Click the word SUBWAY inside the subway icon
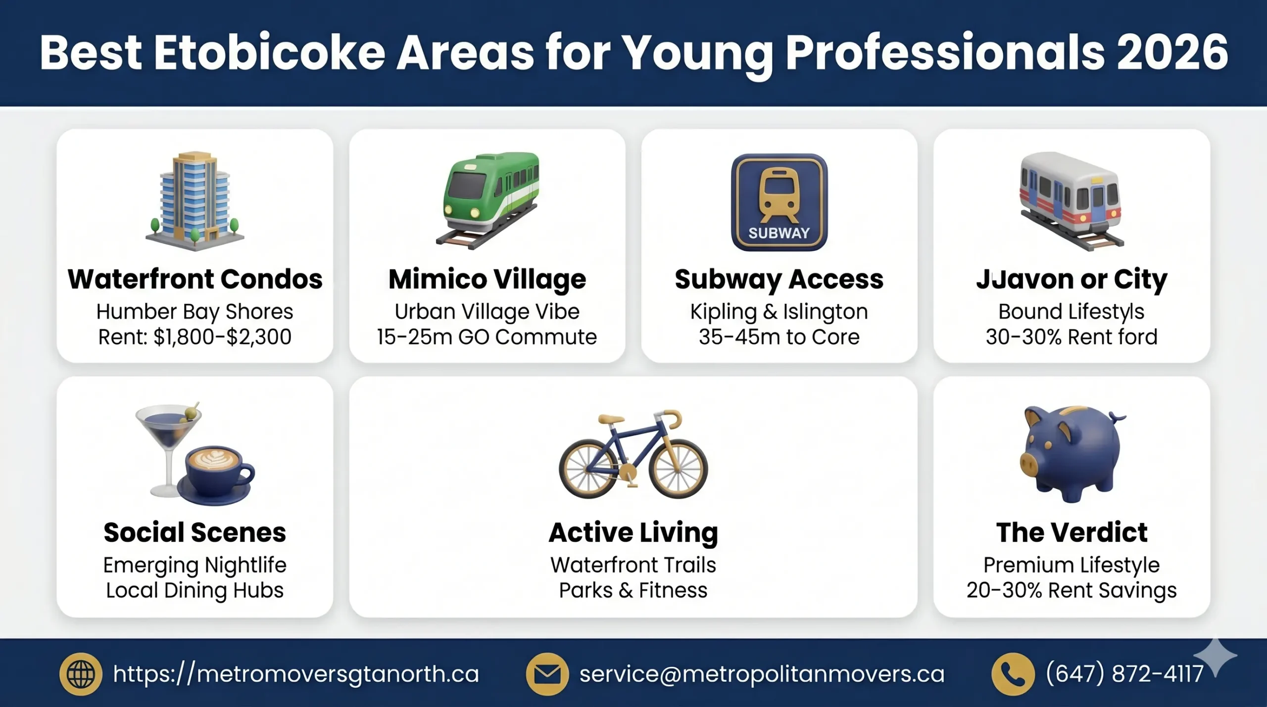pyautogui.click(x=779, y=233)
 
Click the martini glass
pyautogui.click(x=168, y=435)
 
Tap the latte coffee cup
pyautogui.click(x=216, y=472)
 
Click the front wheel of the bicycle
pyautogui.click(x=678, y=469)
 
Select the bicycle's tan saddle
pyautogui.click(x=611, y=420)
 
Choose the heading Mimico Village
pyautogui.click(x=487, y=279)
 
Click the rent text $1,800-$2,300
pyautogui.click(x=222, y=337)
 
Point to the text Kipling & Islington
pyautogui.click(x=779, y=312)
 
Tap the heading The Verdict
pyautogui.click(x=1072, y=532)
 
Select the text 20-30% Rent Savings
pyautogui.click(x=1072, y=590)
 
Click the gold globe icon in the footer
pyautogui.click(x=81, y=674)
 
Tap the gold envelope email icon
pyautogui.click(x=547, y=674)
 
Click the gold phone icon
pyautogui.click(x=1013, y=674)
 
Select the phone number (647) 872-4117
pyautogui.click(x=1124, y=674)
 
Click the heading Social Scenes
pyautogui.click(x=195, y=532)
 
